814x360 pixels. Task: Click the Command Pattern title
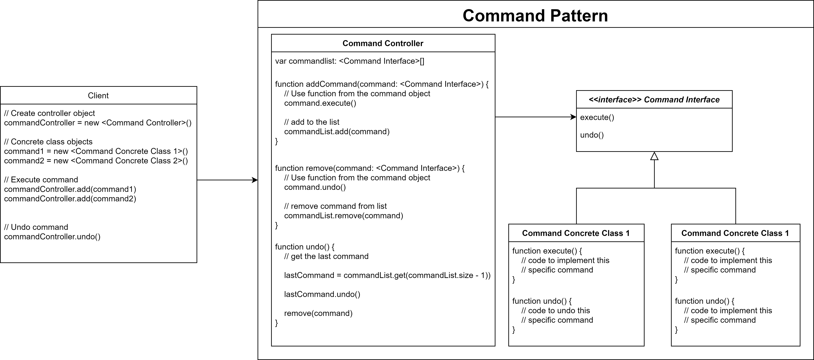click(535, 15)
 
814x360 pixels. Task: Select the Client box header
click(98, 95)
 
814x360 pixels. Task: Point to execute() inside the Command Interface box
click(597, 117)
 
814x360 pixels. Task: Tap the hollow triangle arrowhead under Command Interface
click(654, 156)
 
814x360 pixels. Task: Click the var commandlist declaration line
click(349, 61)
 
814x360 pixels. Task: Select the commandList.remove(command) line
click(343, 216)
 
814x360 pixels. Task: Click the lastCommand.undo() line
click(322, 294)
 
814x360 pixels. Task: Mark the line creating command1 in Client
click(96, 151)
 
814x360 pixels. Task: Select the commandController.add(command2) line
click(70, 199)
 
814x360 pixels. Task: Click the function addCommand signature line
click(382, 84)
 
